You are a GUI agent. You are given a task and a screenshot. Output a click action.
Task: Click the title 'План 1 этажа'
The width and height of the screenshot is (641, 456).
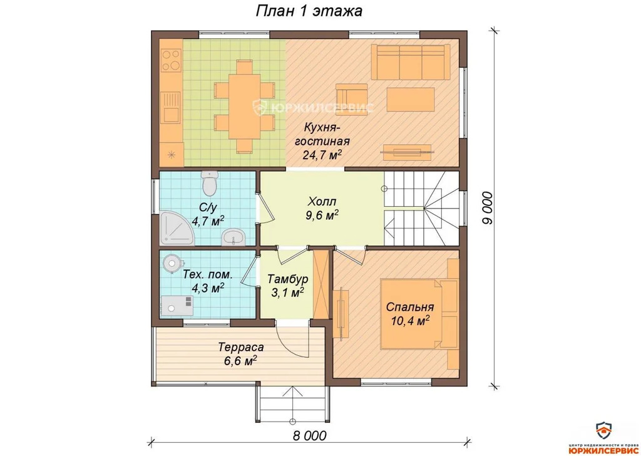coord(309,11)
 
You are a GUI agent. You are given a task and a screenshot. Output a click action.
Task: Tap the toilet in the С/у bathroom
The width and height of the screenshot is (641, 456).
coord(210,184)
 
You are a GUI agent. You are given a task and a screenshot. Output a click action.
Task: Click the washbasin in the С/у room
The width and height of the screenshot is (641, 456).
coord(233,237)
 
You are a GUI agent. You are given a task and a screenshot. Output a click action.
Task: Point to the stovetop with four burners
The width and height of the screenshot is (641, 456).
coord(172,60)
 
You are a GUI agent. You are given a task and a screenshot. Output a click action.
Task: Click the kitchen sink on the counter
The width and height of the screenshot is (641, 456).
coord(171,108)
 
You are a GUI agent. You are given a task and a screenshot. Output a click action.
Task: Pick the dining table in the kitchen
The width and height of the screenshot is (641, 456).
coord(244,106)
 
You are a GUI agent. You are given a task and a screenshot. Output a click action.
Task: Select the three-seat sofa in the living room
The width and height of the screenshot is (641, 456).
coord(411,62)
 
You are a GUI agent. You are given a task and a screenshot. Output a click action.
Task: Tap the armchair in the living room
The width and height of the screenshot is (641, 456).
coord(352,95)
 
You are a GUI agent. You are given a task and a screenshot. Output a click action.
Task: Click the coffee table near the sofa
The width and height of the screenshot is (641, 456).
coord(411,100)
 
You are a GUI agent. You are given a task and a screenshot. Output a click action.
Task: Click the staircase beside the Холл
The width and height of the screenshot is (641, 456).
coord(421,208)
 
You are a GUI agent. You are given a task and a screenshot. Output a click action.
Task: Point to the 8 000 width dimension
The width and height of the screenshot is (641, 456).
coord(309,436)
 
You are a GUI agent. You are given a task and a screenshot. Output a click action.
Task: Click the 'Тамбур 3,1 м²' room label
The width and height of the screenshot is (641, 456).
coord(287,286)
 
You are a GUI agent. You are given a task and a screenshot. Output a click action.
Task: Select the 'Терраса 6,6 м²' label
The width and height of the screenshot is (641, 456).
coord(241,354)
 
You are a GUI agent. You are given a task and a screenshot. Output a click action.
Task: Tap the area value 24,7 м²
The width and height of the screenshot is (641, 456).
coord(322,154)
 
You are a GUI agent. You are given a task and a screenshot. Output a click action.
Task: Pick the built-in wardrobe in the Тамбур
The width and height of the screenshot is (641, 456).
coord(320,283)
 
